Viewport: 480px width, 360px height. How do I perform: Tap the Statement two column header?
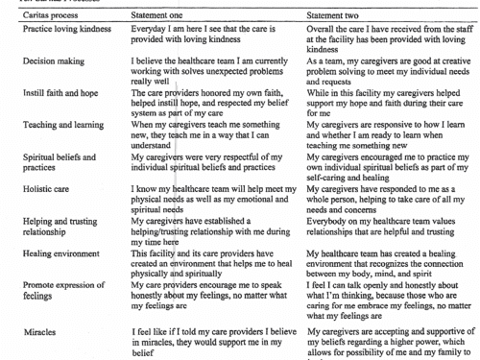click(336, 16)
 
